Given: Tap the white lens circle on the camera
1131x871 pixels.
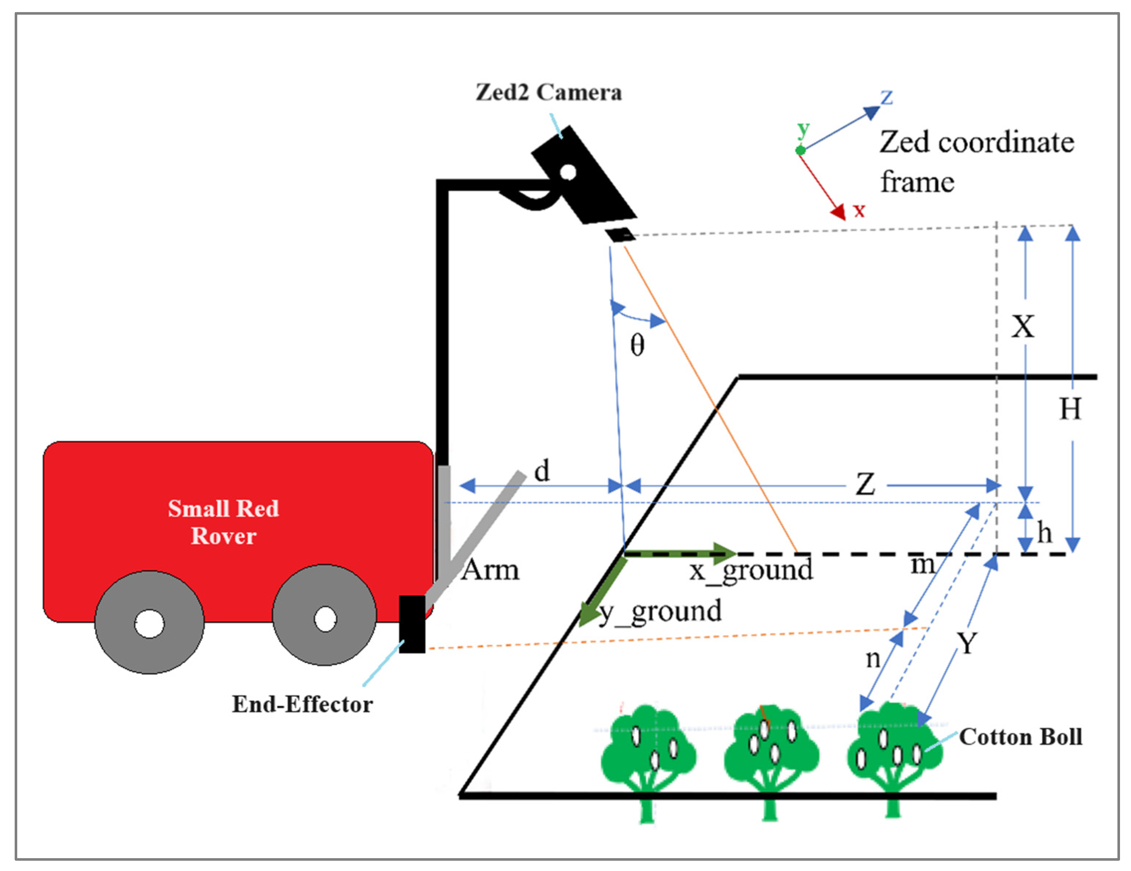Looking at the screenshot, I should (x=568, y=172).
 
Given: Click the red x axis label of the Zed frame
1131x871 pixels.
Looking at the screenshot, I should (x=859, y=210).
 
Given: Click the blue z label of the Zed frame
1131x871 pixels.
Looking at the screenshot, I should (x=886, y=97).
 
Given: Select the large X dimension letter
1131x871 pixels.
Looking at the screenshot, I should (x=1023, y=327).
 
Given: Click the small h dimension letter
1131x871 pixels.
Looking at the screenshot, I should (x=1044, y=533).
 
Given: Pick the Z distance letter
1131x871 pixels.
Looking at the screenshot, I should (x=865, y=485).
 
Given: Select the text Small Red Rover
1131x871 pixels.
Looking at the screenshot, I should (x=223, y=522).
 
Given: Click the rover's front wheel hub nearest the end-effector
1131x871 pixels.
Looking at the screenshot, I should (x=325, y=619).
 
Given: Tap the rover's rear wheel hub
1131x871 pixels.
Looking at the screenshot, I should (x=149, y=623).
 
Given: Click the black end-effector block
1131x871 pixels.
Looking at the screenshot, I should (x=412, y=624).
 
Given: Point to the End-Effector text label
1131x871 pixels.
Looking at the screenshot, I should (x=302, y=704).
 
